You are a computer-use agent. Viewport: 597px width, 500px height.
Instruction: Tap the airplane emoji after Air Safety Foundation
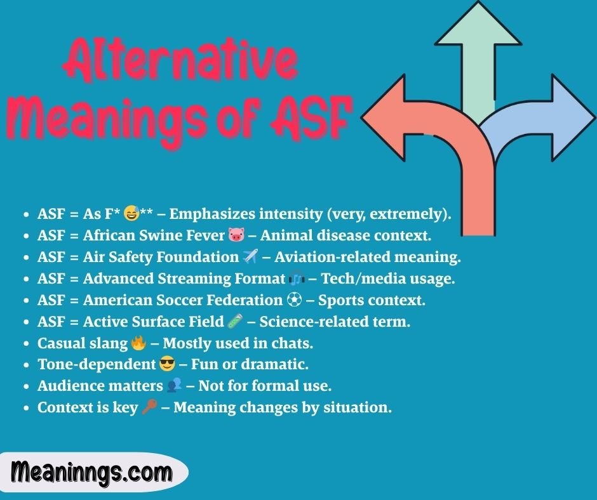pos(249,257)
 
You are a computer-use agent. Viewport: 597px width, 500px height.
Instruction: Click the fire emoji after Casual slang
pos(138,343)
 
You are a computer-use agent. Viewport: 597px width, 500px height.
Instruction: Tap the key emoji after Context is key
pos(149,408)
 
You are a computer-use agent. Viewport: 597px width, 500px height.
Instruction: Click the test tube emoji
pos(234,322)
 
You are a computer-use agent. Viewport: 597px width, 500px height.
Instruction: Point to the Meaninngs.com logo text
pos(91,473)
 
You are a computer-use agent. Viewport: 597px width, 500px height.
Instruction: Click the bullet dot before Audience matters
pos(25,387)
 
